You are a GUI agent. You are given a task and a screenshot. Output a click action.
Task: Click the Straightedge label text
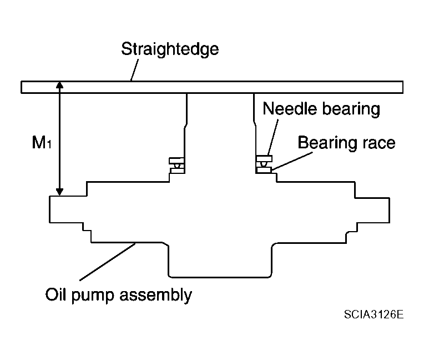[x=170, y=49]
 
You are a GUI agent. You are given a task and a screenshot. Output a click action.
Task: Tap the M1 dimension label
[x=42, y=142]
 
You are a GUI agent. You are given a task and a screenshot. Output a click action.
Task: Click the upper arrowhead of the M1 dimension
[x=59, y=85]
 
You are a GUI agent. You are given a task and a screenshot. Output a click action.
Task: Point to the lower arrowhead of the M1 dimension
[x=59, y=192]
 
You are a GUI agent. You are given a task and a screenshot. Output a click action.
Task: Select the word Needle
[x=290, y=108]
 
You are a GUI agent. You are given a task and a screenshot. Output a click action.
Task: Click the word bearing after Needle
[x=351, y=109]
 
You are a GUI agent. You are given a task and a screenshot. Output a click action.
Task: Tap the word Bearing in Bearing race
[x=327, y=143]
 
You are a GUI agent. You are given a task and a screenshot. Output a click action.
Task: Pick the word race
[x=379, y=144]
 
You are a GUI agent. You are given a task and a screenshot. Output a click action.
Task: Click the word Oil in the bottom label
[x=55, y=294]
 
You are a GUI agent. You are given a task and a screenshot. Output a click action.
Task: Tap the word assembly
[x=156, y=296]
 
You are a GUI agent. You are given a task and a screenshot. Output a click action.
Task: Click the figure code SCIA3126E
[x=373, y=314]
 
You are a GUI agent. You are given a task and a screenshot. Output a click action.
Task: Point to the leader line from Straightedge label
[x=134, y=70]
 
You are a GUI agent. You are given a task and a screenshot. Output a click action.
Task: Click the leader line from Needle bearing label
[x=272, y=138]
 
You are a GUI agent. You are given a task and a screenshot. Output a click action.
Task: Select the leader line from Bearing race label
[x=292, y=161]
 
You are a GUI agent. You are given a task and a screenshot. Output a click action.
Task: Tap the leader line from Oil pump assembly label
[x=107, y=262]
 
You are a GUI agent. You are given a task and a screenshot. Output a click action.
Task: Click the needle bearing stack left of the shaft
[x=176, y=166]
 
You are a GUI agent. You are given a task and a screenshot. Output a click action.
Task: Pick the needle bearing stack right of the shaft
[x=264, y=164]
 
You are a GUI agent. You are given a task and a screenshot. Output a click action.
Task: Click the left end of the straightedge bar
[x=21, y=87]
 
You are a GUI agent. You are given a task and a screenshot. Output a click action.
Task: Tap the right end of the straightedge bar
[x=403, y=87]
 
